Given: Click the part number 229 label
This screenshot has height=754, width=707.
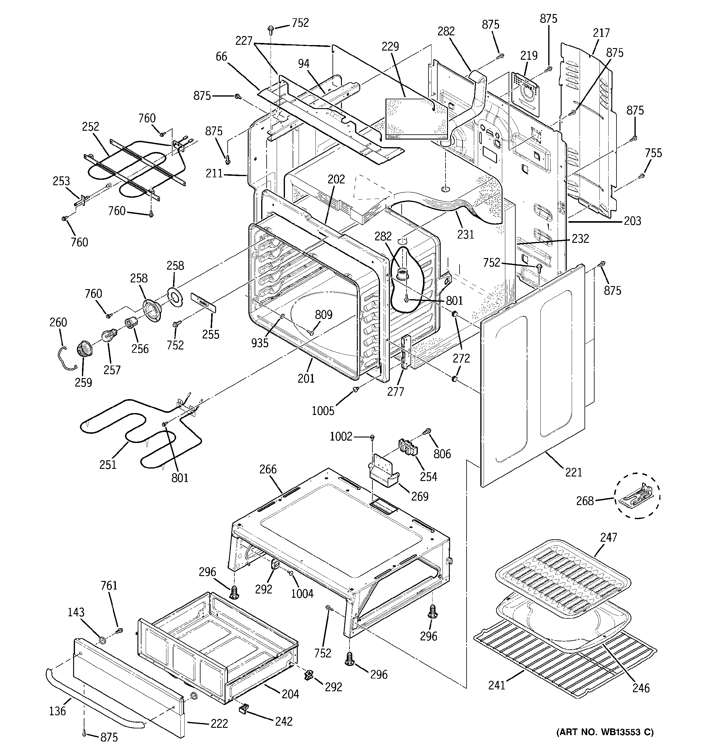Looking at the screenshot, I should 390,47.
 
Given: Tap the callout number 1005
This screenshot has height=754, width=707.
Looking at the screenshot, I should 323,411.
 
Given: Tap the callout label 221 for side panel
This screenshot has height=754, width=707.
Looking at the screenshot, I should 574,472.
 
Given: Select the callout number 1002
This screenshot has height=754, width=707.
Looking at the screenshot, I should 341,437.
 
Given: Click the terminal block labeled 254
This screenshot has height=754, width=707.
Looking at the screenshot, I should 407,448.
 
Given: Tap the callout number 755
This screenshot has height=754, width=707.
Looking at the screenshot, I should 653,153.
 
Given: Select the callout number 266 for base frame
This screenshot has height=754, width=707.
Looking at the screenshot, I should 268,469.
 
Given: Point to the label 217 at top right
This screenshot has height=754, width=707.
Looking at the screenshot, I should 601,33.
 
